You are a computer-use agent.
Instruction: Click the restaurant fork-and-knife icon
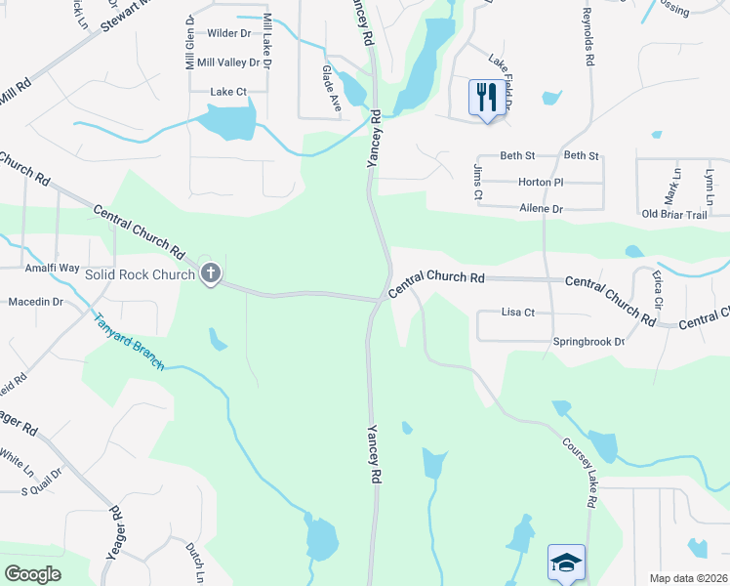(x=485, y=97)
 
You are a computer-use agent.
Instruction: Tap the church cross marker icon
(x=210, y=274)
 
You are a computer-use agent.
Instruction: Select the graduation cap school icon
(x=566, y=563)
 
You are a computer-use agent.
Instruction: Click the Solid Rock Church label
(x=141, y=274)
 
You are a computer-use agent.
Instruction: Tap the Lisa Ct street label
(x=517, y=313)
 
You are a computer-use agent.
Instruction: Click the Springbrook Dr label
(x=588, y=342)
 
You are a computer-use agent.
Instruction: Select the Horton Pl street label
(x=540, y=183)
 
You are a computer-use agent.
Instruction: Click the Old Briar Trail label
(x=673, y=214)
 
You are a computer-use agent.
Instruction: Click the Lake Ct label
(x=227, y=92)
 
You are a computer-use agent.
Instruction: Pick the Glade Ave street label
(x=331, y=88)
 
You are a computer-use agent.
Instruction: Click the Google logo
(x=33, y=574)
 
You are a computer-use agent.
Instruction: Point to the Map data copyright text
(x=688, y=578)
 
